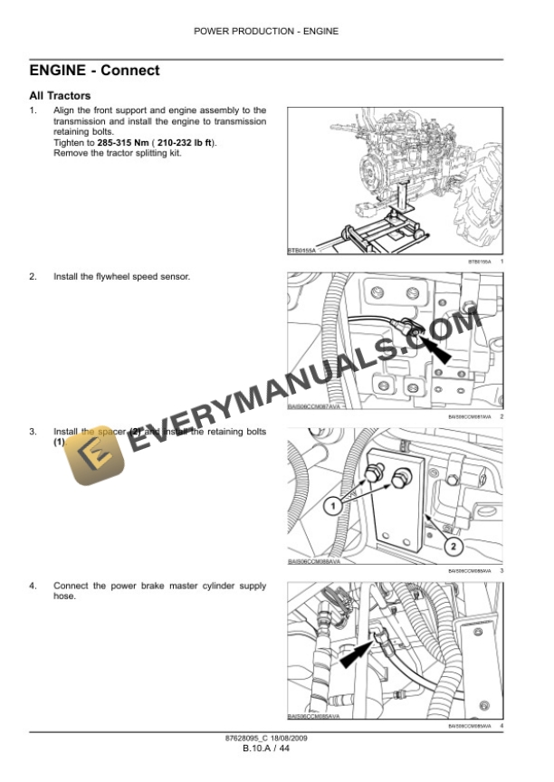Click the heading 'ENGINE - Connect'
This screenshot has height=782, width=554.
[94, 71]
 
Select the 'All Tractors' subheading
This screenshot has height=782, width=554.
[60, 95]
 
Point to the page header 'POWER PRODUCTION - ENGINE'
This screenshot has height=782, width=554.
[266, 31]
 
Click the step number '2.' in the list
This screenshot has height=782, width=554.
[33, 276]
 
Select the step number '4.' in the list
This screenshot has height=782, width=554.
[33, 586]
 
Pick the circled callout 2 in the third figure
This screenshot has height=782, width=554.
[453, 546]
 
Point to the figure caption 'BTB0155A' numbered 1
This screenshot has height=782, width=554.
[482, 262]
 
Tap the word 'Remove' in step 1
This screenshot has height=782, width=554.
[70, 153]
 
